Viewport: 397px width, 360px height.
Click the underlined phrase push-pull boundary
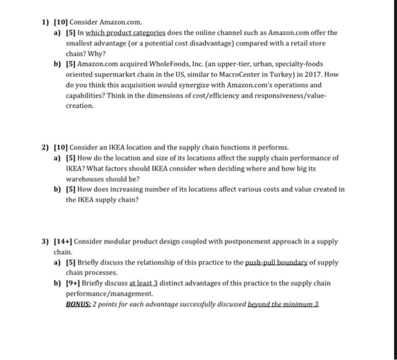coord(281,262)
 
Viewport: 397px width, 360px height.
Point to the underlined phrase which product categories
coord(119,32)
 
